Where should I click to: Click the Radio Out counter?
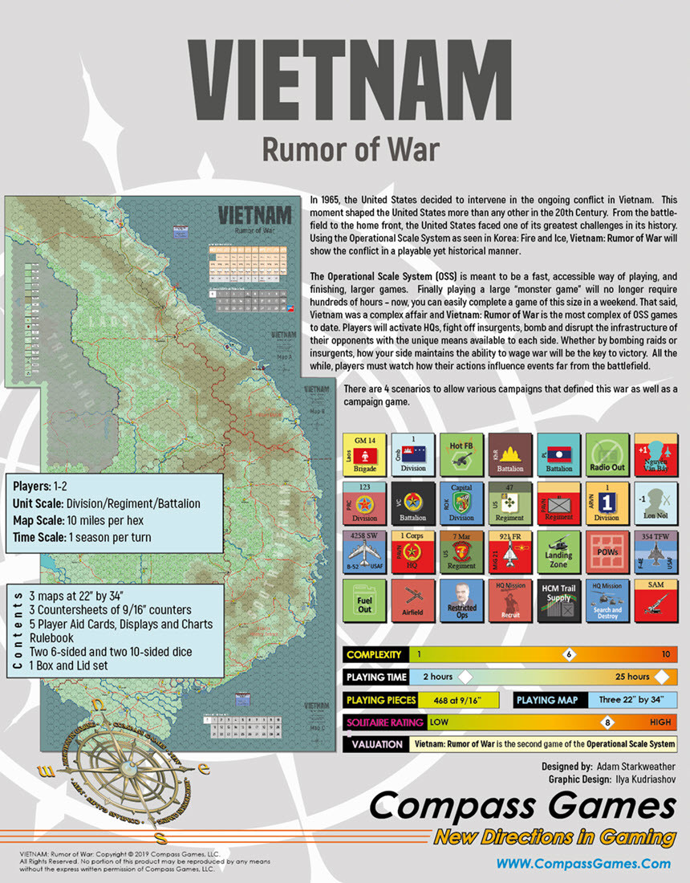click(x=607, y=454)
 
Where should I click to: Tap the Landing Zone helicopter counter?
click(x=558, y=551)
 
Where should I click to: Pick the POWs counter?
click(x=607, y=551)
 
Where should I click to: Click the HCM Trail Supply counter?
click(x=558, y=600)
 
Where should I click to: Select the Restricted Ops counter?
click(x=461, y=600)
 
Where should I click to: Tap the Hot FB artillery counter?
click(x=461, y=454)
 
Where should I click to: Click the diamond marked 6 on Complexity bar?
click(x=569, y=654)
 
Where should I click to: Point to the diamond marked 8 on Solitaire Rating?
click(x=607, y=722)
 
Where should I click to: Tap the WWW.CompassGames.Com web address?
click(x=583, y=864)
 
